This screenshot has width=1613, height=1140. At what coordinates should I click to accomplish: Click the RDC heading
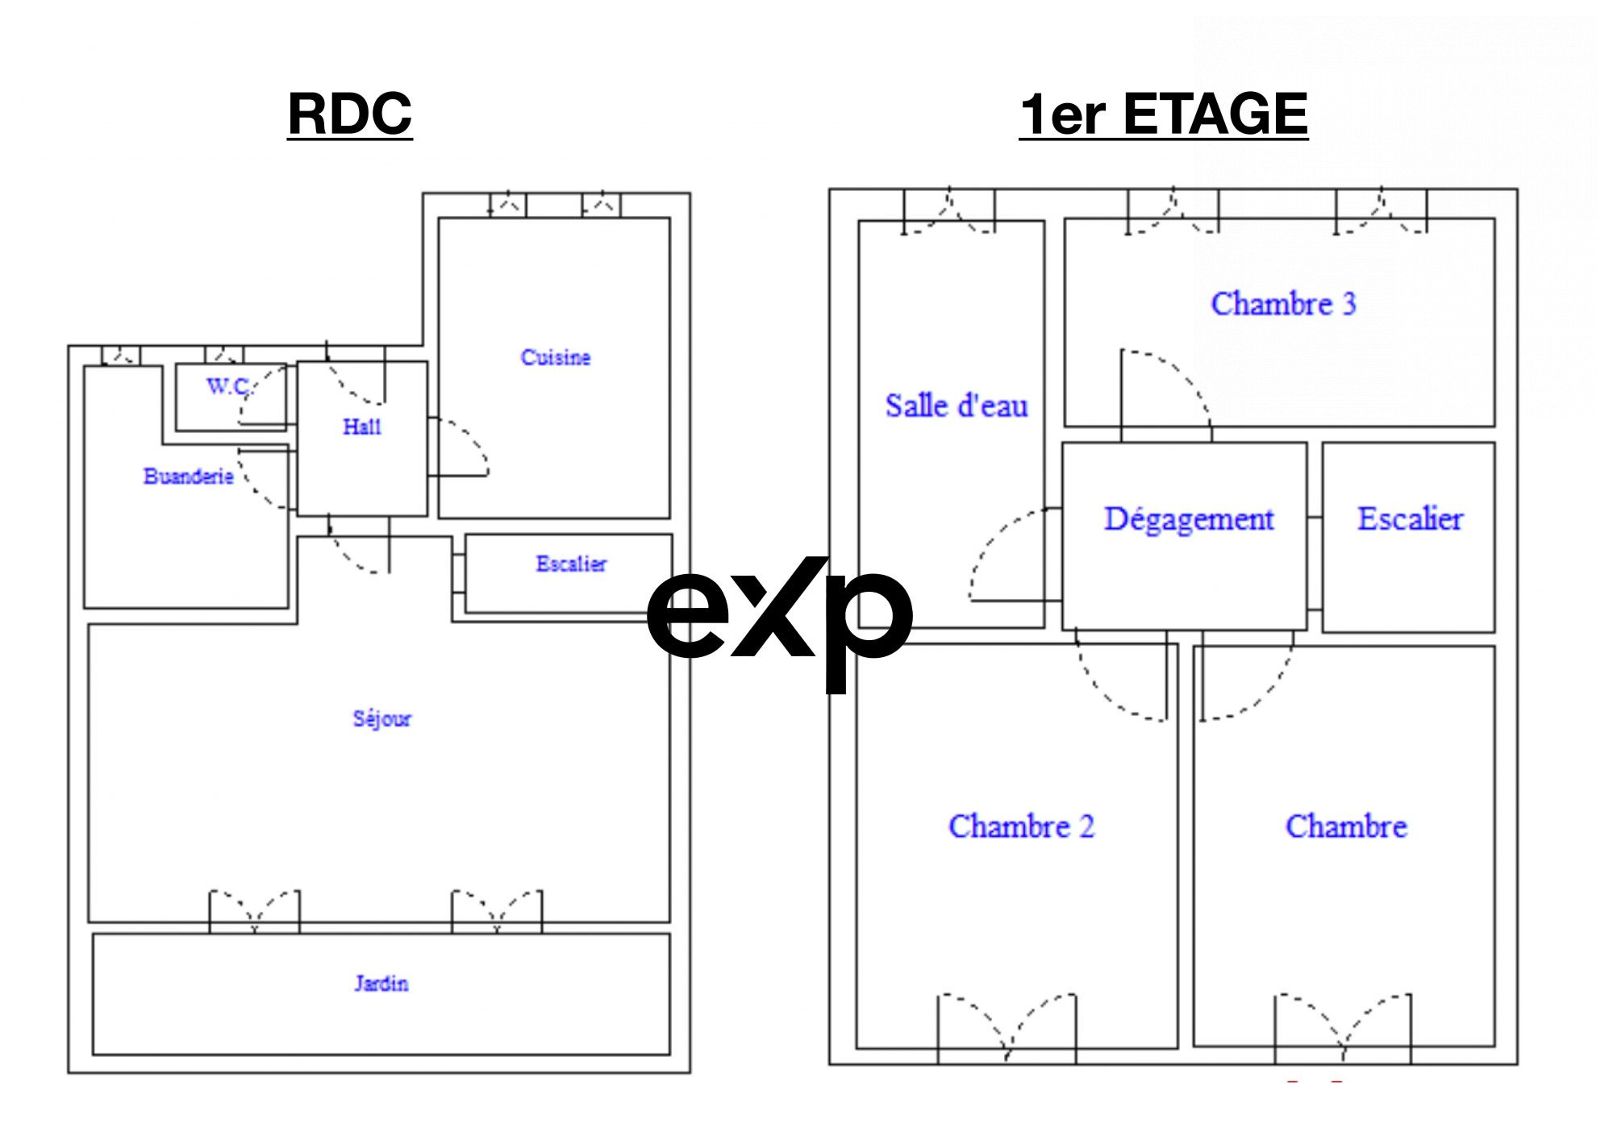click(x=350, y=114)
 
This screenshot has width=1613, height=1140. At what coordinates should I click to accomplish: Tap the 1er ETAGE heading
click(x=1164, y=114)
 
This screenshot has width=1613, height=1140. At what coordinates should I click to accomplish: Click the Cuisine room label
click(x=556, y=357)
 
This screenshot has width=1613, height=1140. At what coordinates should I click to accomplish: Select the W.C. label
click(x=229, y=386)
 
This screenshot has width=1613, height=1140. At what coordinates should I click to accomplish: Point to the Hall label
click(x=362, y=426)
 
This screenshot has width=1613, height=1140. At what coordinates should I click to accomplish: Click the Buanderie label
click(x=189, y=476)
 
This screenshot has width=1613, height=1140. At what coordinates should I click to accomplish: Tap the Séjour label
click(x=382, y=718)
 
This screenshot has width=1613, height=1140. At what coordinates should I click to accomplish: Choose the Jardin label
click(x=381, y=983)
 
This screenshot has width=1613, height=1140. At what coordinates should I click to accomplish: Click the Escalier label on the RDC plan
click(x=571, y=564)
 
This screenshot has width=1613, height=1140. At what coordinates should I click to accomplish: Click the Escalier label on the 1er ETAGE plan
click(x=1410, y=518)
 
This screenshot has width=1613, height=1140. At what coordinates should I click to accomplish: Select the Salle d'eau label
click(x=957, y=406)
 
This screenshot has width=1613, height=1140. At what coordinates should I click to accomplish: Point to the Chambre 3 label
click(x=1283, y=304)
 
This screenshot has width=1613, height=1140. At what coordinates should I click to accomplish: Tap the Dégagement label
click(x=1189, y=520)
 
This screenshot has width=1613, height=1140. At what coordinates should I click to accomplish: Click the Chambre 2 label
click(x=1021, y=826)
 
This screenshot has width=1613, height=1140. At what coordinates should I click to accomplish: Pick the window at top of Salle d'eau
click(x=948, y=211)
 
